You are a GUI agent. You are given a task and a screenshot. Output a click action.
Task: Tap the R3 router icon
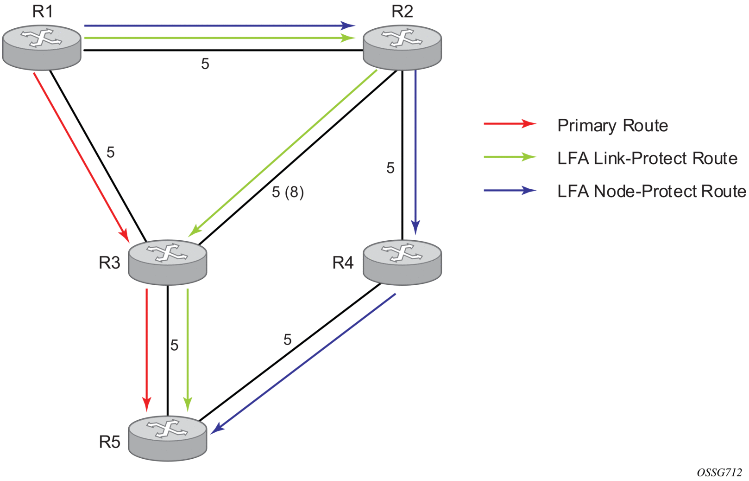[167, 262]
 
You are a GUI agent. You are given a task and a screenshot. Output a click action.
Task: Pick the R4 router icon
[402, 262]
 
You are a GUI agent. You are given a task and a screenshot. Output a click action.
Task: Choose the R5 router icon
[167, 438]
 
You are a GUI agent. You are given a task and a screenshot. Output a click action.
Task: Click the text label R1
[43, 12]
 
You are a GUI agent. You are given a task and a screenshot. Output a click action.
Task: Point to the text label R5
[110, 442]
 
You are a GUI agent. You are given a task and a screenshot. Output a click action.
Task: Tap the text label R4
[343, 263]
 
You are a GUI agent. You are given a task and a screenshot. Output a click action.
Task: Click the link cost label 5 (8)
[288, 192]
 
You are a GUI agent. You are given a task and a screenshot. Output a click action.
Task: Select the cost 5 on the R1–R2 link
[205, 64]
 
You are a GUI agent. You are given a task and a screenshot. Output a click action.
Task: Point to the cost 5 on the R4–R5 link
[288, 340]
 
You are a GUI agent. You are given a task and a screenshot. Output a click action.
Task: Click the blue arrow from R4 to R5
[303, 364]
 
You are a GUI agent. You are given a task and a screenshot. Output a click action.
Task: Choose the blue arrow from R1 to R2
[220, 26]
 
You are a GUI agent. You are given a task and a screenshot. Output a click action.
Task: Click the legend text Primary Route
[612, 126]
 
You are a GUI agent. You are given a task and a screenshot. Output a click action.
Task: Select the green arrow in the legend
[510, 157]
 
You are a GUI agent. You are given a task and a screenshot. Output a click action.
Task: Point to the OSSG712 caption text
[719, 473]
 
